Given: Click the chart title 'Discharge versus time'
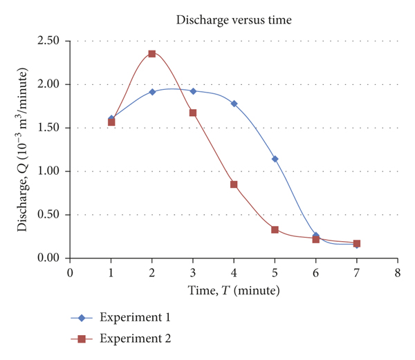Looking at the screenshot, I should tap(234, 20).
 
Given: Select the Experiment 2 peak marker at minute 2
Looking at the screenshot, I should tap(152, 53).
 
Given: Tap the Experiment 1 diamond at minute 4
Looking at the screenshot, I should tap(234, 104).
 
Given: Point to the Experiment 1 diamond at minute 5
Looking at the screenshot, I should tap(275, 159).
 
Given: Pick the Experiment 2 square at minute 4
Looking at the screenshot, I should tap(234, 184).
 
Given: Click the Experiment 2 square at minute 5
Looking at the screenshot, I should tap(275, 229).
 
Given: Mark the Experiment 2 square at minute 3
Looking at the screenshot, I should tap(193, 113).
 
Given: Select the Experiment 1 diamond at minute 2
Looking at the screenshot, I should tap(152, 91).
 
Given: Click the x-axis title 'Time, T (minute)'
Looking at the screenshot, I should tap(234, 290).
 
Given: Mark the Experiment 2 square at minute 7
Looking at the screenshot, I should tap(356, 243).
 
